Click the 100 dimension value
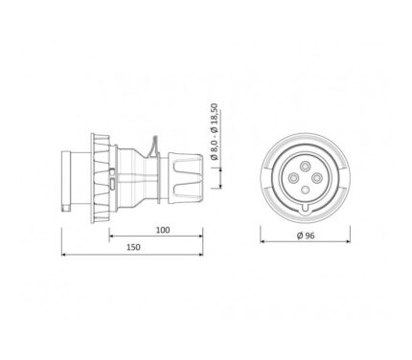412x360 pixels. (163, 230)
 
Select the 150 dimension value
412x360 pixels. (133, 247)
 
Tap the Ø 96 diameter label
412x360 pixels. (306, 236)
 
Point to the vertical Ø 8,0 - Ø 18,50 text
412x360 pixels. (215, 131)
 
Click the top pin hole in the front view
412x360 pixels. (305, 166)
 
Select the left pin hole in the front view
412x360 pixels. (293, 178)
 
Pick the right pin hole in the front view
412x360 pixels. (317, 178)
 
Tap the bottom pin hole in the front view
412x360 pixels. (306, 190)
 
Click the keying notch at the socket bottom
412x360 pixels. (306, 208)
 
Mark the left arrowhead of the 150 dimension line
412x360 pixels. (63, 255)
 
